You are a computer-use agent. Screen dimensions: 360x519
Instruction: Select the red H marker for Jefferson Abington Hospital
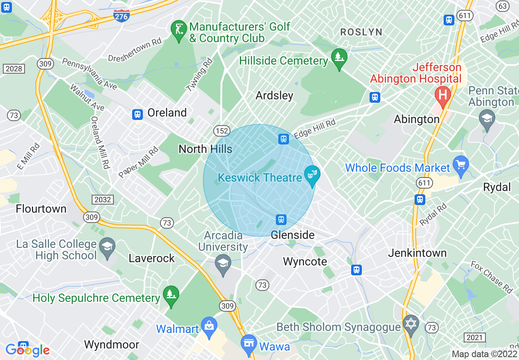tap(442, 95)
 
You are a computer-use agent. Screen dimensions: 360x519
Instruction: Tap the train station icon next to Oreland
tap(138, 114)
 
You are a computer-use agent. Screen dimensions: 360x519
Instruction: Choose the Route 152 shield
tap(221, 131)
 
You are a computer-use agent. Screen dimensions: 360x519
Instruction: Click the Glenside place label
tap(293, 235)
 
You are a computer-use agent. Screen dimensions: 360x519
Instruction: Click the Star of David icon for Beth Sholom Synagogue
tap(411, 324)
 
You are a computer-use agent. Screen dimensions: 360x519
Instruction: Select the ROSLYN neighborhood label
tap(361, 32)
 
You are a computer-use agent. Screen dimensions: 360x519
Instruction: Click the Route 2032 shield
tap(102, 199)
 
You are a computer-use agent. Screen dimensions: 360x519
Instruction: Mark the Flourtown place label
tap(41, 209)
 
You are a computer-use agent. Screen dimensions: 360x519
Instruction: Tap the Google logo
tap(27, 350)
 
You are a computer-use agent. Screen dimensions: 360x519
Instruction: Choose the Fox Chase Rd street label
tap(491, 277)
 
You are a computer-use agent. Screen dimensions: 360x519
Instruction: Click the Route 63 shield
tap(502, 6)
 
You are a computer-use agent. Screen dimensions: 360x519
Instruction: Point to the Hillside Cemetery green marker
tap(339, 58)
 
